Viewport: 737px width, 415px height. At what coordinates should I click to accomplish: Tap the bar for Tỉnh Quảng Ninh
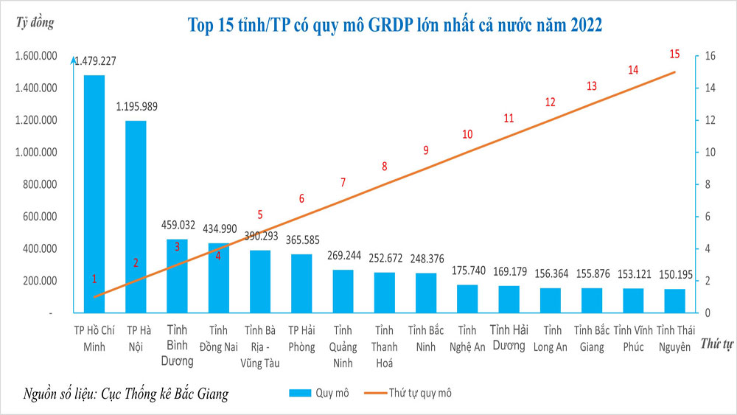[343, 291]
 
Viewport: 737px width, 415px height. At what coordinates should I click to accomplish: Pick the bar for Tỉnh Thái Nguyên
[674, 301]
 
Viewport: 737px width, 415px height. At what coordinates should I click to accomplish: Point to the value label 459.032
[178, 226]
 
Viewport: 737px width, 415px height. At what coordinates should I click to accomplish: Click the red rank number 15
[674, 54]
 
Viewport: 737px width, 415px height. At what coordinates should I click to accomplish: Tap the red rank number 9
[425, 150]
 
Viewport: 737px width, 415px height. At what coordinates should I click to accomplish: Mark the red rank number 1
[94, 279]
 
